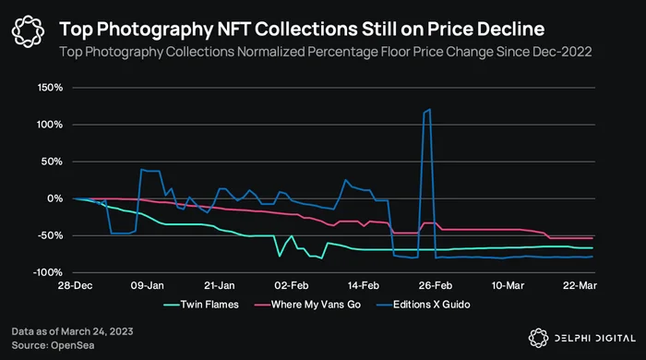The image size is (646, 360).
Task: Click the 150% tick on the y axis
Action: (x=50, y=88)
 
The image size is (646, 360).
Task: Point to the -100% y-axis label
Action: (x=49, y=272)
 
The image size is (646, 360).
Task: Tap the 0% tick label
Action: (x=54, y=199)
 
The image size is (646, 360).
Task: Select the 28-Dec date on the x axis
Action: (x=75, y=285)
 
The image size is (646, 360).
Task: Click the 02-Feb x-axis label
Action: (x=292, y=285)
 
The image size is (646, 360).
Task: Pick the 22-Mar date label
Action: (x=580, y=285)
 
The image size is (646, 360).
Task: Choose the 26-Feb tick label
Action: (x=436, y=285)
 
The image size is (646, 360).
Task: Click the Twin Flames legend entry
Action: (x=201, y=305)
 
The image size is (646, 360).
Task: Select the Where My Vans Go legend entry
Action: (x=307, y=305)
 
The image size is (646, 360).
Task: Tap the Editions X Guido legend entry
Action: (x=423, y=305)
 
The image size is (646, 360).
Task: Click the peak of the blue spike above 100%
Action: (x=430, y=109)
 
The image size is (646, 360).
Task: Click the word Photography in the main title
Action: (x=154, y=30)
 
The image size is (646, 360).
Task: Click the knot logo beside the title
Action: (x=28, y=31)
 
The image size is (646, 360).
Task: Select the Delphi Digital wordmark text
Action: (x=595, y=339)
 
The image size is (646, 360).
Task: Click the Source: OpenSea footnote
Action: (x=53, y=345)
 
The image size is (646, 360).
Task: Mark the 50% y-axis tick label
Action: (x=52, y=162)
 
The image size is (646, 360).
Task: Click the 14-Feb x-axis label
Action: (x=363, y=285)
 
